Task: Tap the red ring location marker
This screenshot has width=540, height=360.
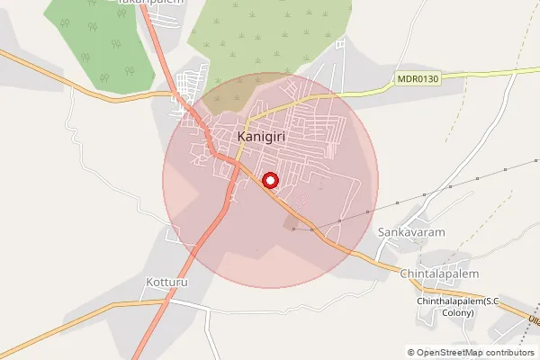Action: (270, 181)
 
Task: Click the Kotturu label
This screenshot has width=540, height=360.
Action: (164, 282)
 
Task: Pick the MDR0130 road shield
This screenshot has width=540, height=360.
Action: (418, 80)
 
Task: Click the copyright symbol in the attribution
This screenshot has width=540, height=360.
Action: (411, 353)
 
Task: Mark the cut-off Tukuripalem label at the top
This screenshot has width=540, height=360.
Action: (151, 3)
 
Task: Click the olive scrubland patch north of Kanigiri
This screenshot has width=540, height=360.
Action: (270, 40)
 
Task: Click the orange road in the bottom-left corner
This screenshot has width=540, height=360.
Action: (36, 337)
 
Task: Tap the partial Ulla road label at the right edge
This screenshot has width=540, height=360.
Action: (532, 319)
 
